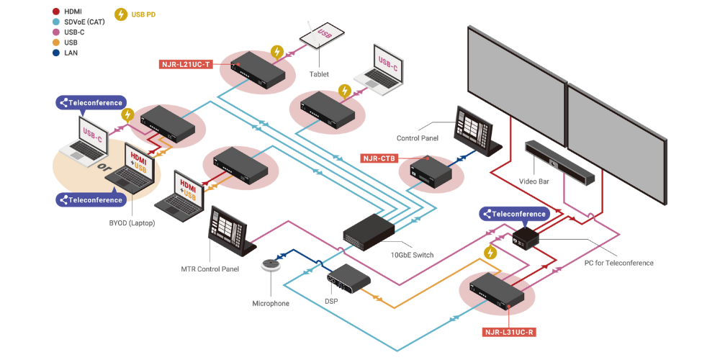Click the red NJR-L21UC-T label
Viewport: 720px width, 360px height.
[x=185, y=63]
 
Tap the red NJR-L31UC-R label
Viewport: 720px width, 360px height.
[x=509, y=332]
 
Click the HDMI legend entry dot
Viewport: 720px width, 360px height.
[x=56, y=12]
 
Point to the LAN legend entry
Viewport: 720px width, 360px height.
[x=71, y=53]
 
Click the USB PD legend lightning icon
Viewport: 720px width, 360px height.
[x=121, y=14]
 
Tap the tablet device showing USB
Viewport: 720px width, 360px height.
[x=322, y=37]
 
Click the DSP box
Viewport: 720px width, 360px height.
[x=349, y=276]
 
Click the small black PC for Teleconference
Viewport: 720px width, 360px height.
[x=526, y=236]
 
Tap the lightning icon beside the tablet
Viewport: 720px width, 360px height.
[x=276, y=52]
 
